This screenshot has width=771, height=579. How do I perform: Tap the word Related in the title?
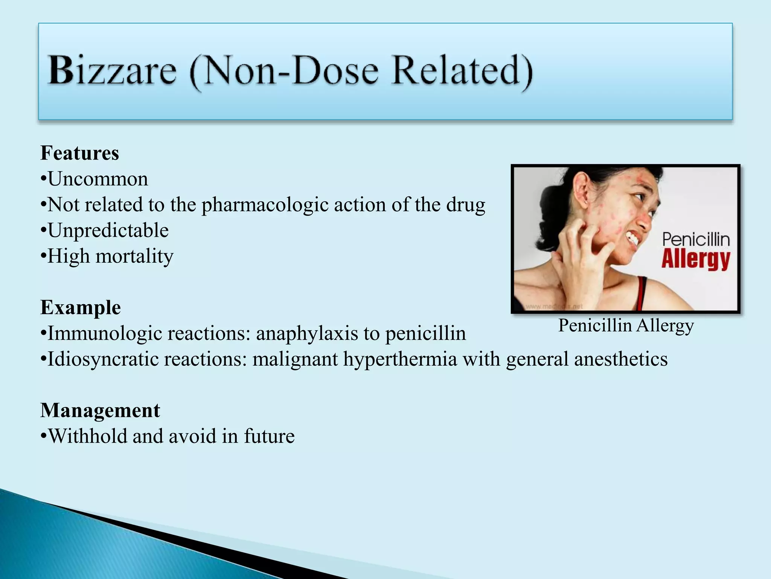462,71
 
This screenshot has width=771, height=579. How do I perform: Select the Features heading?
80,153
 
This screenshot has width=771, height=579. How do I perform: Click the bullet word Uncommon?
98,179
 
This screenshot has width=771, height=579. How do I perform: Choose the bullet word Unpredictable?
108,231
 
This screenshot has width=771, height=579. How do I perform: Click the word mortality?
134,257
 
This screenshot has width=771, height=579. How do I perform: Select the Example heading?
81,308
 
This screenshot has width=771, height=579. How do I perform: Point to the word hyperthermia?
400,359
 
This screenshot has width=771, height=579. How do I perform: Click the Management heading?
100,411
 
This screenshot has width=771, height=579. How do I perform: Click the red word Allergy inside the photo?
696,259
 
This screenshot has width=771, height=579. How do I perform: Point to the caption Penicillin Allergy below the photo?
626,325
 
